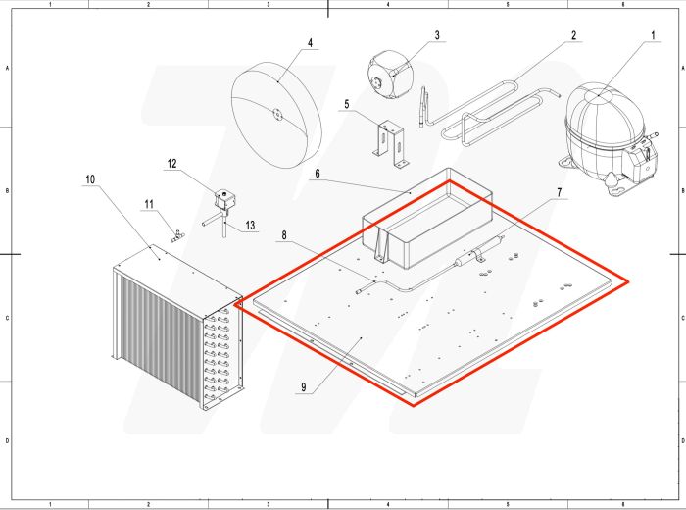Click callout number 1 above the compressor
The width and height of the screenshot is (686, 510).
point(652,36)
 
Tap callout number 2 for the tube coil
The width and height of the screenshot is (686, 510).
point(572,36)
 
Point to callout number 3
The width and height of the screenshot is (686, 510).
point(437,36)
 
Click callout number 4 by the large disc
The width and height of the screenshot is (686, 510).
point(310,43)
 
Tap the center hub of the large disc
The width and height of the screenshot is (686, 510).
point(277,112)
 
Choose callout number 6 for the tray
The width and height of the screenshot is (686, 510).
point(318,173)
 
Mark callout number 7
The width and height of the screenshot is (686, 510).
point(559,194)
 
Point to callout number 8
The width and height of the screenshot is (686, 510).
point(284,235)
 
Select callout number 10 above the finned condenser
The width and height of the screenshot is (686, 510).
point(90,179)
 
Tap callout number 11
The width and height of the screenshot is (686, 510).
point(149,204)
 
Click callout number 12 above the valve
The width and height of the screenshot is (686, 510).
point(171,163)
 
